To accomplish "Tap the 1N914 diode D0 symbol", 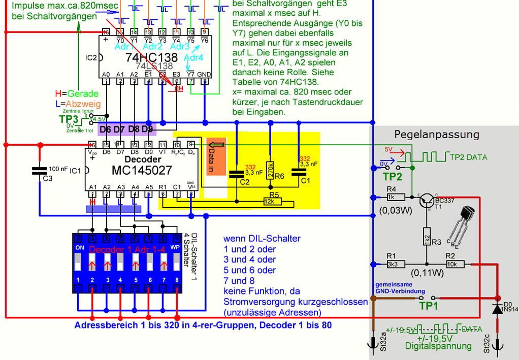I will [496, 309].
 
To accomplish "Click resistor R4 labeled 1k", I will [391, 197].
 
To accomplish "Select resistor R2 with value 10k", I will [450, 264].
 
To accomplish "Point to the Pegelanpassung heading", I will [437, 135].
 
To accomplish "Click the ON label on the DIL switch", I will [79, 247].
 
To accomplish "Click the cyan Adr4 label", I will [193, 57].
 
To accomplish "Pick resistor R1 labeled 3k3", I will [391, 264].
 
